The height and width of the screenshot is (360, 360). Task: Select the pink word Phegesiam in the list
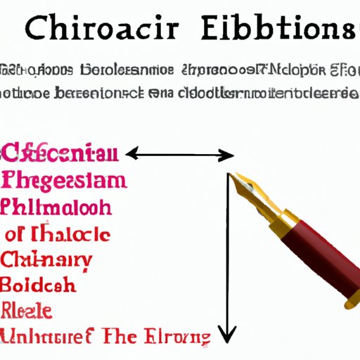coord(65,181)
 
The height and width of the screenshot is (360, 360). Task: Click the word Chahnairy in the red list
coord(46,261)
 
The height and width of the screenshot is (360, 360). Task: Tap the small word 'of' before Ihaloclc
coord(20,235)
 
